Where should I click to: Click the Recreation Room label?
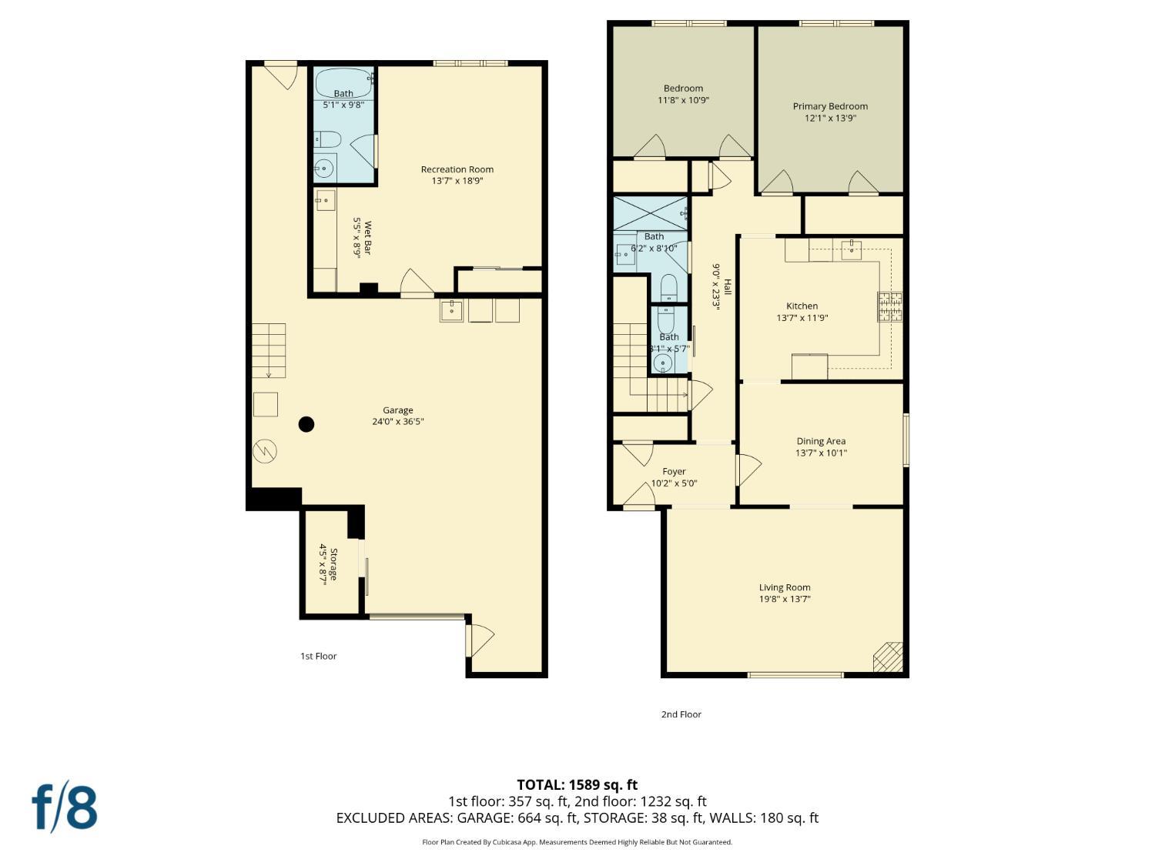(457, 169)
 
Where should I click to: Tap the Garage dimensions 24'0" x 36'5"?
(398, 421)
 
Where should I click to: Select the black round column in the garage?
(306, 424)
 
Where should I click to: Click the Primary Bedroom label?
(830, 106)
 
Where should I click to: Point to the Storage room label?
(333, 564)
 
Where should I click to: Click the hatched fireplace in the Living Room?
(888, 657)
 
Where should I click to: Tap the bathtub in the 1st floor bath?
(344, 83)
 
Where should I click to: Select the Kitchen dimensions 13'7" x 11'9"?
(802, 318)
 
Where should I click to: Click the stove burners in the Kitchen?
(889, 306)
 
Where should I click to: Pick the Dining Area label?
(821, 441)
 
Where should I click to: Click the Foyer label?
(674, 472)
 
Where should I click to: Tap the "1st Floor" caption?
(318, 656)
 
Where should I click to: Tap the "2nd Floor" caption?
(681, 714)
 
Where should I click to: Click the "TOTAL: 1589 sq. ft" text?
(577, 785)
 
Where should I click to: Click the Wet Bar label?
(367, 238)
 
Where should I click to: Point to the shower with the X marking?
(651, 213)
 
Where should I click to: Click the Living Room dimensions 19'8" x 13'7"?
(785, 599)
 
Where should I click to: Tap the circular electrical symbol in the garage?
(265, 451)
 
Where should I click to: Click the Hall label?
(728, 286)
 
